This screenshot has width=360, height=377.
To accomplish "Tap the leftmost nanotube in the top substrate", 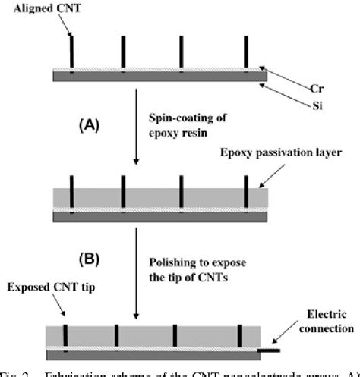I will pos(71,52).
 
